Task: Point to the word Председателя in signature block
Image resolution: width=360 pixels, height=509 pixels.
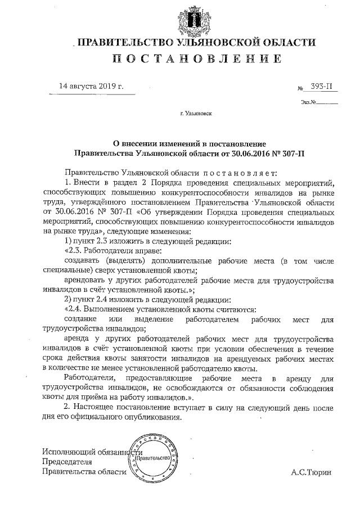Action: click(x=67, y=462)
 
